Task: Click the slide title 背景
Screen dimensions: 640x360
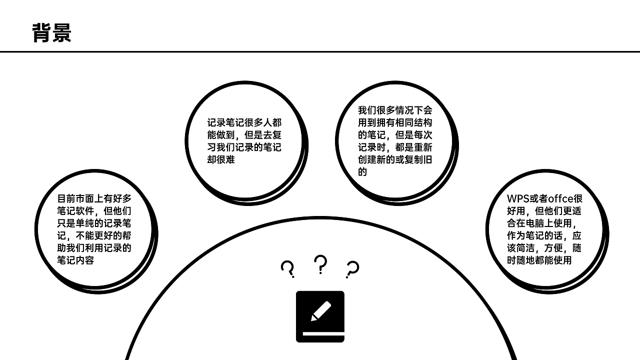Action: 51,33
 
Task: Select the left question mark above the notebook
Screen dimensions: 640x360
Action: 287,269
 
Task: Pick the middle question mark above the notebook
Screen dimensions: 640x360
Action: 320,264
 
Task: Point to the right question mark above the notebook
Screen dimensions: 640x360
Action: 352,269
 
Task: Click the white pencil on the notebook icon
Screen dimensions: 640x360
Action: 321,310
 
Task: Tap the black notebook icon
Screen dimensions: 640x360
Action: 320,316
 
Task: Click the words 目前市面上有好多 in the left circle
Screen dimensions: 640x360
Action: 94,198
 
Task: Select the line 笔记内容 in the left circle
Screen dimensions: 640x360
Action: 75,260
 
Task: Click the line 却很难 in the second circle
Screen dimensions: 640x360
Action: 221,159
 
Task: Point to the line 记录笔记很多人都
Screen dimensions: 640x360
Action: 244,122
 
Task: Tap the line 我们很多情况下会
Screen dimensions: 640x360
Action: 395,110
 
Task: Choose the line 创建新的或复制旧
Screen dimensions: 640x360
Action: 395,160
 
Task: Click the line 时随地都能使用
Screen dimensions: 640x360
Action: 539,260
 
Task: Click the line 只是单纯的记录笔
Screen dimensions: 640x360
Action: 94,223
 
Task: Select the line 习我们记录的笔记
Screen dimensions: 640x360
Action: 244,147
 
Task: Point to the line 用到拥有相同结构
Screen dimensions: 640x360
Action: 395,122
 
